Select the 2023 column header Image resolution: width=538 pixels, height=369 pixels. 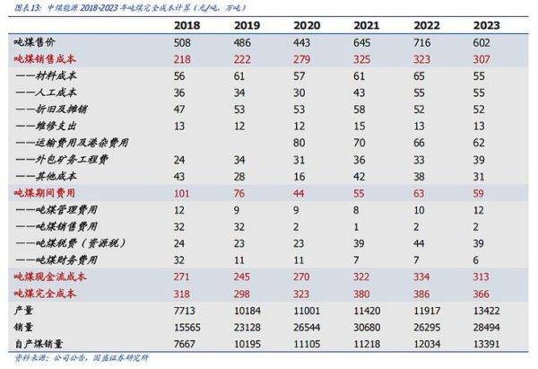pos(488,25)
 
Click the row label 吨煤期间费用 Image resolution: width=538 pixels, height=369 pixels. pos(41,192)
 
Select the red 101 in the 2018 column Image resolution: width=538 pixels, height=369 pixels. pos(184,192)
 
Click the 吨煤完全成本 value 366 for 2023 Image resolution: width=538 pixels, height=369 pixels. pos(483,293)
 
